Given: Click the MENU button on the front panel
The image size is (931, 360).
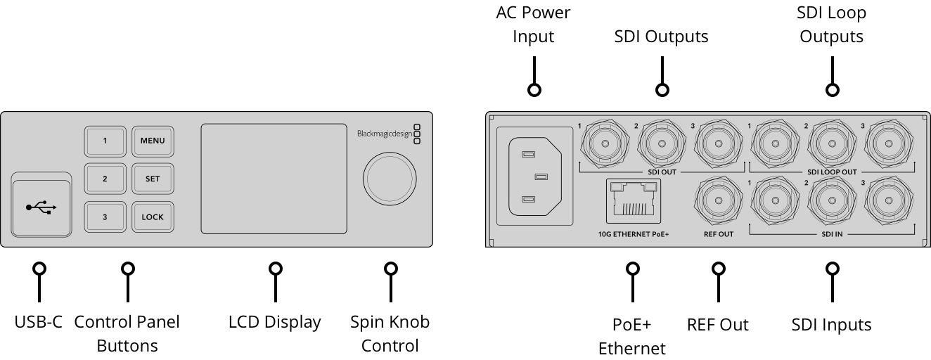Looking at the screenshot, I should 153,141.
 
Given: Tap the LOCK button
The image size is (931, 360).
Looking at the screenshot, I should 153,217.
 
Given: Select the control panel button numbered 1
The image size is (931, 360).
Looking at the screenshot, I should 105,141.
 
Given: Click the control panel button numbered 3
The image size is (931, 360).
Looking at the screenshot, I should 105,217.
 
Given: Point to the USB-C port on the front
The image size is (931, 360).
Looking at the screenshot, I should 41,207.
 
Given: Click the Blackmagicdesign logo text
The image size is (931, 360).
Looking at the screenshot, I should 384,134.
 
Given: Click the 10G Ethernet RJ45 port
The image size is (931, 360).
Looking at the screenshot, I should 634,200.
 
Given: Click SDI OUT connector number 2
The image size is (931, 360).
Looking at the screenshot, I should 662,145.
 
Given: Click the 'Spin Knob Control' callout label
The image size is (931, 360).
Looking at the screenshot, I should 390,334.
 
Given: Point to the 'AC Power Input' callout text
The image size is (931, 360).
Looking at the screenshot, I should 533,25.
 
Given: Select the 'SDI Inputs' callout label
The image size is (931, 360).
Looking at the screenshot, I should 831,325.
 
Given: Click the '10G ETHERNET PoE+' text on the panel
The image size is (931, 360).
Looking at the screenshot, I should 629,234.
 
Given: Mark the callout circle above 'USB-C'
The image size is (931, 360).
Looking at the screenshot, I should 40,269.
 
